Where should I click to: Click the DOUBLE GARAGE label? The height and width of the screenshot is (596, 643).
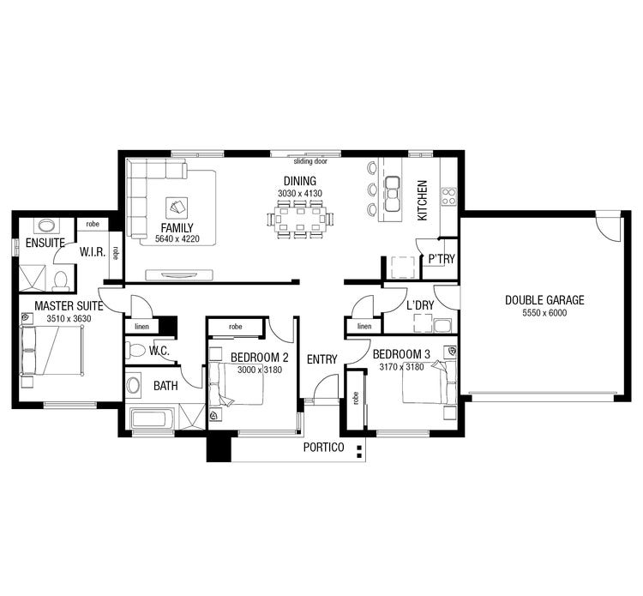point(544,300)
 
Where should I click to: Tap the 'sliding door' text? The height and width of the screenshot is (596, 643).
point(309,161)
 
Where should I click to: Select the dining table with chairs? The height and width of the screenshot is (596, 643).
point(301,220)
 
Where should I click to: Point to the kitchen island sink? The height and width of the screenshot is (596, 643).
point(394,193)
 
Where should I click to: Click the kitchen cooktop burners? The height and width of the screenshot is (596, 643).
point(448,196)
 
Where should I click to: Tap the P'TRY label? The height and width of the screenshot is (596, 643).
point(442,259)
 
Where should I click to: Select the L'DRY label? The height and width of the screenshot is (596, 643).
point(421,305)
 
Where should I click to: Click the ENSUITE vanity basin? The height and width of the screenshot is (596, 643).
point(45,226)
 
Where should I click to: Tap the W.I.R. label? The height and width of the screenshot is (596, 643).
point(92,252)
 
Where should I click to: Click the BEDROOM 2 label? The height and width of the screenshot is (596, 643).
point(260,357)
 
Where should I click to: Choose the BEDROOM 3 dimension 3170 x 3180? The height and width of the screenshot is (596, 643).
point(402,367)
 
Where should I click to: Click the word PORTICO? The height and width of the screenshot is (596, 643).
point(323,448)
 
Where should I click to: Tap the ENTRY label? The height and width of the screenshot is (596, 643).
point(321,359)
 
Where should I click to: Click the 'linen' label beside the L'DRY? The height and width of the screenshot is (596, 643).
point(364,327)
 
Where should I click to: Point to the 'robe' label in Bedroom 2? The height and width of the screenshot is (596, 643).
point(235,327)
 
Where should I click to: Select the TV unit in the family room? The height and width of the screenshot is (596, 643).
point(178,275)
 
